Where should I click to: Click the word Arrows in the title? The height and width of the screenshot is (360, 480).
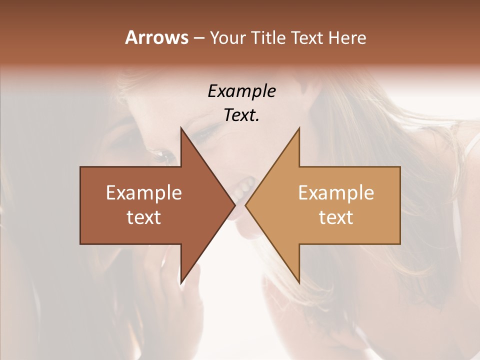(156, 37)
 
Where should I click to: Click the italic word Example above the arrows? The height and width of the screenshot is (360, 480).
(241, 91)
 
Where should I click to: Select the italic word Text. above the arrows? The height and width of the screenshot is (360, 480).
(241, 115)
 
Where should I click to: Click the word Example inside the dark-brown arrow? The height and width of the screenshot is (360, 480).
(144, 193)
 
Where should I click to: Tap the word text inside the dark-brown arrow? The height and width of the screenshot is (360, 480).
(144, 217)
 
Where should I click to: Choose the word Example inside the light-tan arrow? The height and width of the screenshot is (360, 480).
(336, 193)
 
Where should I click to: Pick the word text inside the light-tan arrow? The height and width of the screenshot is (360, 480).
(336, 217)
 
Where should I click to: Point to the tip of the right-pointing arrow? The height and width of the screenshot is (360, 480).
(235, 205)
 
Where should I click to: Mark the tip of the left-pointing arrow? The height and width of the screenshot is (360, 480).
(245, 205)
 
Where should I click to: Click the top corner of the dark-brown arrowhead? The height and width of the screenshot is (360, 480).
(181, 128)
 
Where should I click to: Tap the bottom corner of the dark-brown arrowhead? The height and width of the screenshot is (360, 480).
(181, 283)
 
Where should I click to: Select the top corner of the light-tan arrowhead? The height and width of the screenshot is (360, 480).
(299, 128)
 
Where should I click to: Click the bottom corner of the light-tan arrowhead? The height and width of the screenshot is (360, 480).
(299, 283)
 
